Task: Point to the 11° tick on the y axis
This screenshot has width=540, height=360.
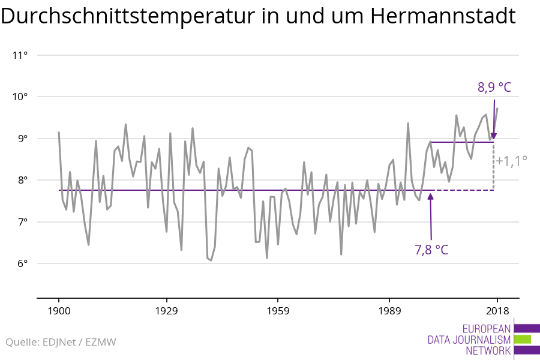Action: (x=20, y=55)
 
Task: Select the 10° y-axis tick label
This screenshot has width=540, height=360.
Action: (x=20, y=97)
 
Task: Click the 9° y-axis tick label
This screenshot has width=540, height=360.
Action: (x=23, y=139)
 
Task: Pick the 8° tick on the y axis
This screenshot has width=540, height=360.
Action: (x=23, y=180)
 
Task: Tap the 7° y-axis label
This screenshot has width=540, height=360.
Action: (x=23, y=222)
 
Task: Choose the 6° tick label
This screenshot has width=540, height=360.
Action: (x=23, y=263)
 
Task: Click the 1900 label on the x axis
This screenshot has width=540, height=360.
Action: (x=59, y=311)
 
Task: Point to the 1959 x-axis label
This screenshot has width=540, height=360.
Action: (x=278, y=311)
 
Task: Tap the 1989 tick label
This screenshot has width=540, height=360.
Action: (x=389, y=311)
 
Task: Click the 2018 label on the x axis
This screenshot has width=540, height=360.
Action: (x=497, y=311)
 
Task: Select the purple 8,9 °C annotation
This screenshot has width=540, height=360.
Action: (x=494, y=88)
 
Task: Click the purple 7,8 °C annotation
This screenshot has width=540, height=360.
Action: (x=431, y=249)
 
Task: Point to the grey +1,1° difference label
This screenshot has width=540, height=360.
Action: (x=512, y=161)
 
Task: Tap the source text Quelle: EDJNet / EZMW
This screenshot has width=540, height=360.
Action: (x=61, y=343)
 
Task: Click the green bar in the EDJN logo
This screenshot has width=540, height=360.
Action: (x=523, y=339)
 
